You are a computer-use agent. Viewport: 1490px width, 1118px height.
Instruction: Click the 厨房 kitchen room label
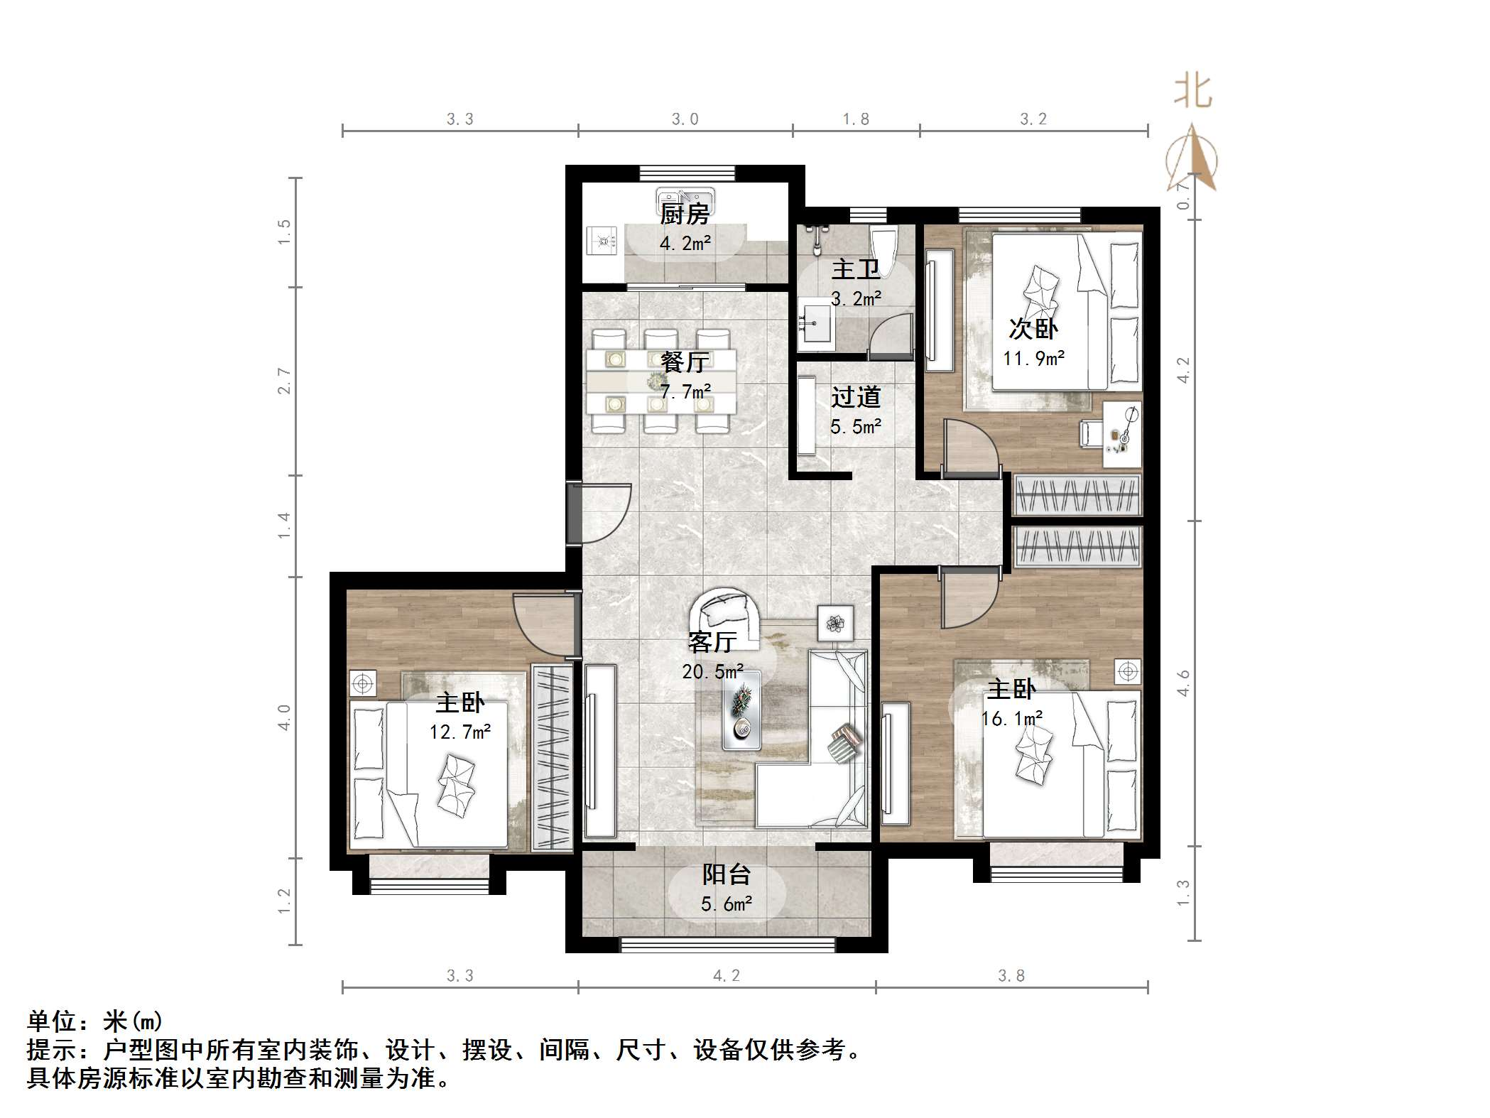(x=685, y=214)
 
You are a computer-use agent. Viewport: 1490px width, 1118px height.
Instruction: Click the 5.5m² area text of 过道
(x=855, y=427)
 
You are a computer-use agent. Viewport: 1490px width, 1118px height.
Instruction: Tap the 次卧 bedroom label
(x=1033, y=329)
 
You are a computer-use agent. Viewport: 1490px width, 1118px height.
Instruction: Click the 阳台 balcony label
(x=726, y=874)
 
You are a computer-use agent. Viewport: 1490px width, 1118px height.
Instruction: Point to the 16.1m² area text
(x=1011, y=719)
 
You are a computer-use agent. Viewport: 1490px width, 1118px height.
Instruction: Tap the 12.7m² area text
(x=460, y=732)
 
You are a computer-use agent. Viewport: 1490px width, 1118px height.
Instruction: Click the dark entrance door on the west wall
(x=574, y=514)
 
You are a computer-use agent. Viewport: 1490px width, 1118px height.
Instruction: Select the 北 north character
(x=1192, y=93)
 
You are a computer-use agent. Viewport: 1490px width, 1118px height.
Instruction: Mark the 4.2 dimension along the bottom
(x=726, y=976)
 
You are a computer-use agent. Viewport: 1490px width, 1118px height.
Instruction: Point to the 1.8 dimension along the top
(x=856, y=119)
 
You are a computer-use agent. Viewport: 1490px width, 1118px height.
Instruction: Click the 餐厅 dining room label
(x=685, y=362)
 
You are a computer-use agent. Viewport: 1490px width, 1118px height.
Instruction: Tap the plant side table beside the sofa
(x=835, y=624)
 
